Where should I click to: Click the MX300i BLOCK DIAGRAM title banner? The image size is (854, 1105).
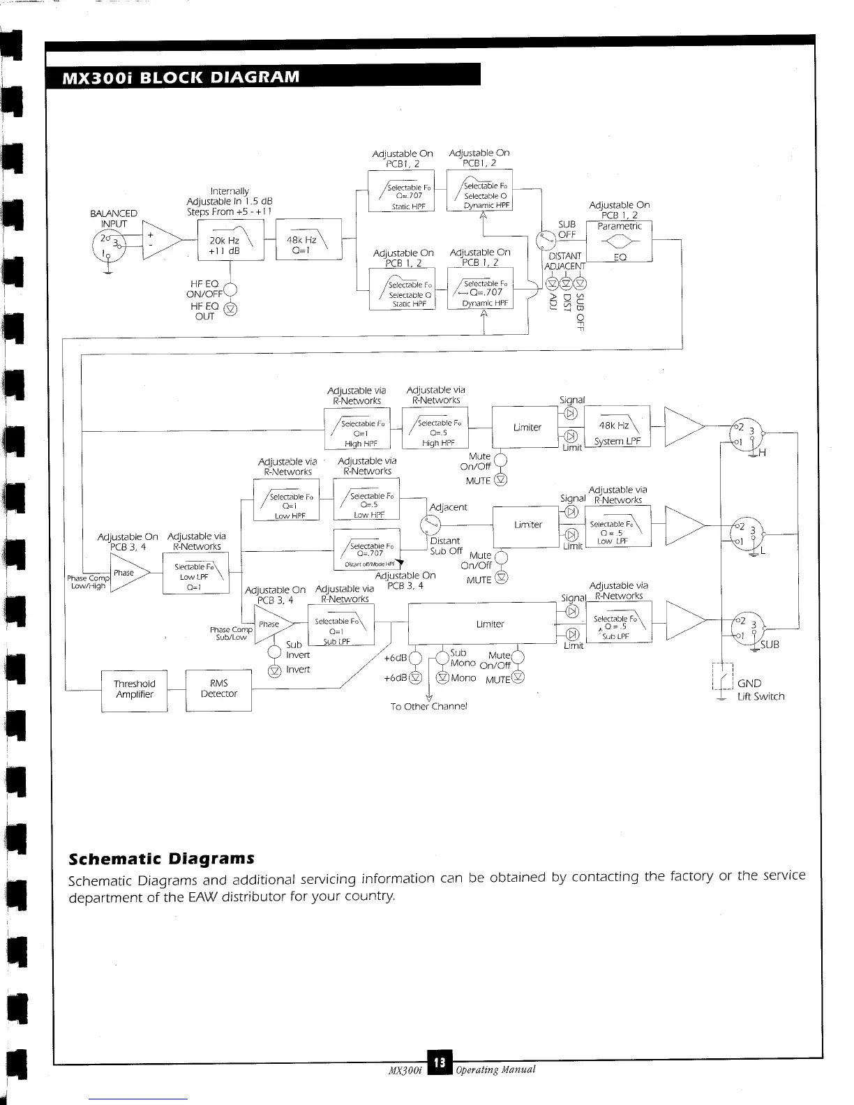pyautogui.click(x=262, y=75)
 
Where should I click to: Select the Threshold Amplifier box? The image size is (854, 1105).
pyautogui.click(x=134, y=690)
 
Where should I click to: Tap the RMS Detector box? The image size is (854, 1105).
pyautogui.click(x=218, y=689)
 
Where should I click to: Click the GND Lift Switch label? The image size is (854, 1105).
pyautogui.click(x=761, y=690)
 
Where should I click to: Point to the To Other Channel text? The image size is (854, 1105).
pyautogui.click(x=428, y=706)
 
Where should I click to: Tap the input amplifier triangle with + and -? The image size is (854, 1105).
pyautogui.click(x=159, y=239)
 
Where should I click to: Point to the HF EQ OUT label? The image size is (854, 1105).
pyautogui.click(x=204, y=311)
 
